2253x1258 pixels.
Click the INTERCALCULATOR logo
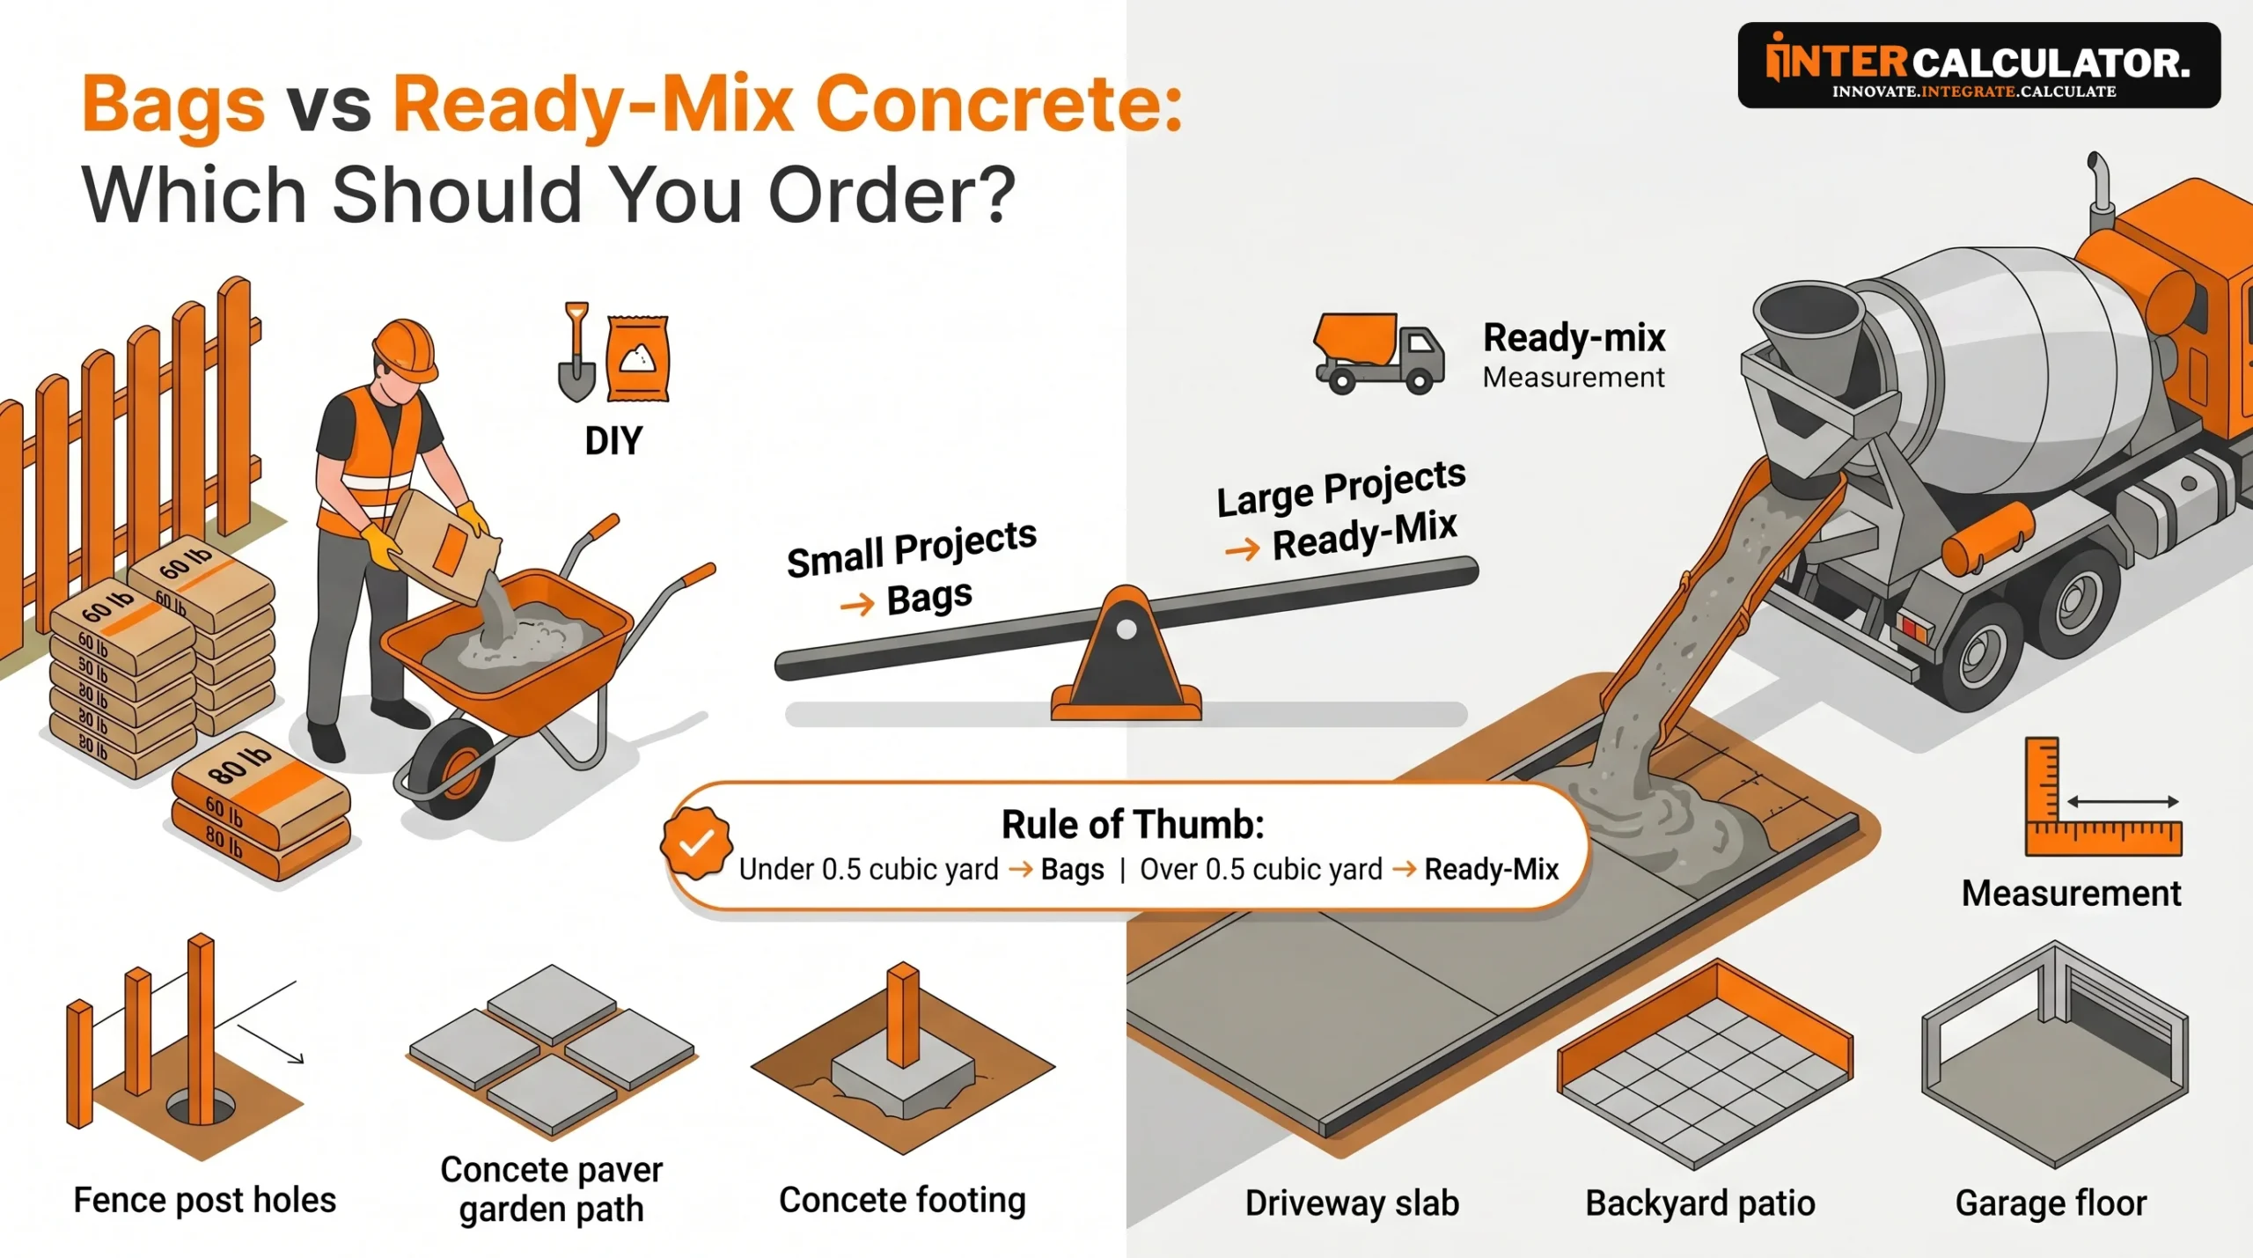(x=1978, y=65)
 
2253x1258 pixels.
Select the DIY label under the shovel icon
(x=613, y=441)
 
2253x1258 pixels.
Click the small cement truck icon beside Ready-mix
(x=1377, y=353)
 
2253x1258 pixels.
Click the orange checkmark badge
(x=696, y=842)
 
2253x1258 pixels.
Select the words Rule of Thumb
(x=1133, y=825)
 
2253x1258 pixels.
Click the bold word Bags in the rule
(x=1072, y=870)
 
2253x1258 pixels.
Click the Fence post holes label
(x=204, y=1200)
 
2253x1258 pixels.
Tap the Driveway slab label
(x=1352, y=1203)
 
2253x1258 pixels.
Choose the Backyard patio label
(x=1699, y=1203)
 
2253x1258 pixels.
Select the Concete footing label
(x=902, y=1200)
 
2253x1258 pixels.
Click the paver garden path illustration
(x=552, y=1048)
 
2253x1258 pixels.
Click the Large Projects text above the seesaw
(x=1340, y=489)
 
